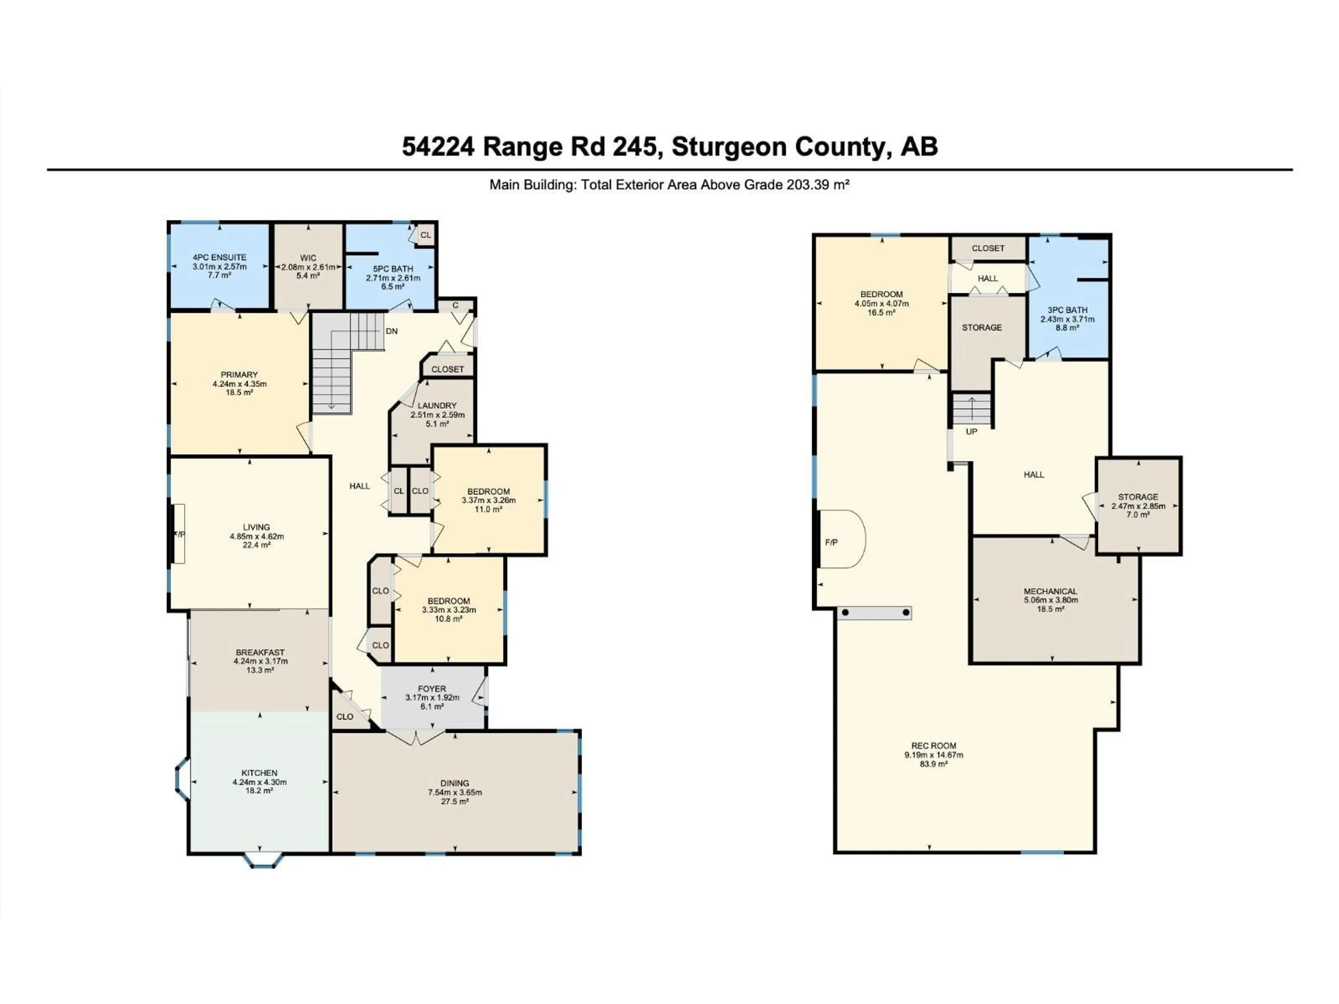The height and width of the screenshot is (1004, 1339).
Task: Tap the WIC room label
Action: pyautogui.click(x=308, y=258)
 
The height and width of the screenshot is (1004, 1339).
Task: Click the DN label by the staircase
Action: pyautogui.click(x=392, y=332)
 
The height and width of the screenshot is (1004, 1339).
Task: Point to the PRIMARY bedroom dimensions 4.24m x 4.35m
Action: pyautogui.click(x=239, y=384)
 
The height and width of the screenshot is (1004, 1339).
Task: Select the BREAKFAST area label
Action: pyautogui.click(x=260, y=652)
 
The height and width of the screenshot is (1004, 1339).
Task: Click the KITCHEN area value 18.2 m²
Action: pyautogui.click(x=259, y=790)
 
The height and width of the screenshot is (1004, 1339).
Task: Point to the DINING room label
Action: pyautogui.click(x=455, y=783)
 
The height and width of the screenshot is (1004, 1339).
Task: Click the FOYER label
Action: pyautogui.click(x=432, y=689)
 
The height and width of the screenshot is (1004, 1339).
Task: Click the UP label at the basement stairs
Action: pyautogui.click(x=971, y=432)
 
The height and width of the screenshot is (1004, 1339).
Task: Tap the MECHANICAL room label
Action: pyautogui.click(x=1050, y=591)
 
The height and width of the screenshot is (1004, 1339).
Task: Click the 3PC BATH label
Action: pyautogui.click(x=1067, y=310)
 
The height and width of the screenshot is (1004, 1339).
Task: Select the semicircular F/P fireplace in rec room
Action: pyautogui.click(x=841, y=539)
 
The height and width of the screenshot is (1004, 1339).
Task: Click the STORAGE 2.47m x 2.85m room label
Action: pyautogui.click(x=1138, y=497)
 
